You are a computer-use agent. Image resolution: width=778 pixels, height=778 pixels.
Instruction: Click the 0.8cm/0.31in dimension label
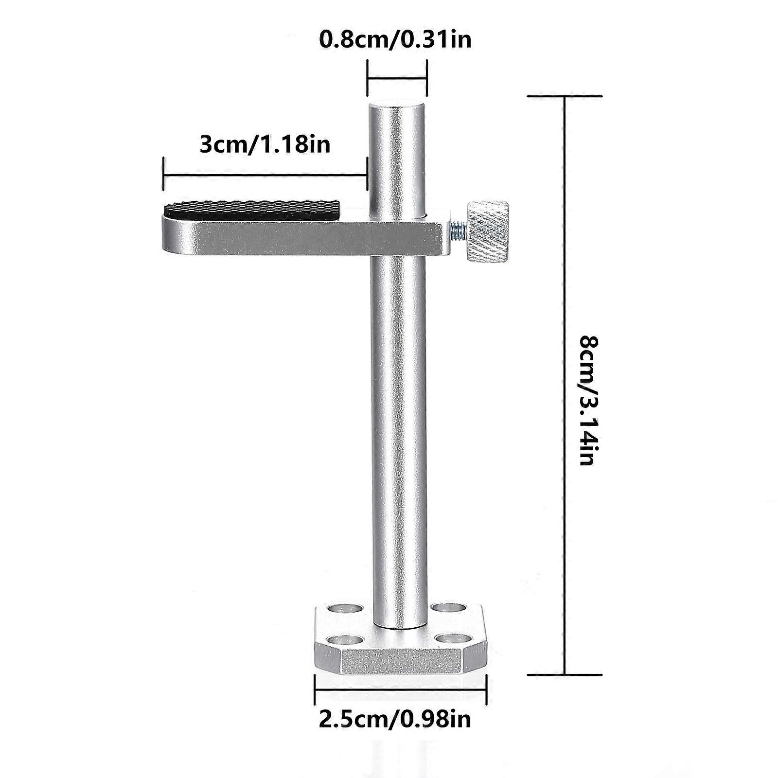tap(395, 39)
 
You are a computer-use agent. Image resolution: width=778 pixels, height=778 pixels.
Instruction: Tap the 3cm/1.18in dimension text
tap(265, 144)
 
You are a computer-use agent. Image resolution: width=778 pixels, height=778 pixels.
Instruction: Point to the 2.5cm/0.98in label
tap(395, 719)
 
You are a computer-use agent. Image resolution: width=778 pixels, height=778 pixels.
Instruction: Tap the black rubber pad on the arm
tap(251, 210)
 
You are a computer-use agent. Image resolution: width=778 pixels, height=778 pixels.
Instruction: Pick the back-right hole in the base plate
tap(448, 608)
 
